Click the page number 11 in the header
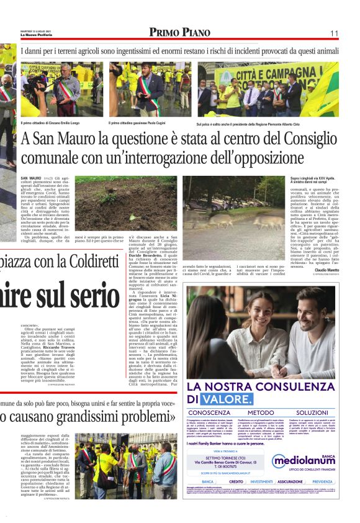click(x=335, y=33)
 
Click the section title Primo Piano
click(x=179, y=32)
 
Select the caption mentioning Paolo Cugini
click(x=138, y=123)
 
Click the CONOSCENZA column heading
click(x=215, y=412)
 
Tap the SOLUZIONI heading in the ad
click(x=312, y=412)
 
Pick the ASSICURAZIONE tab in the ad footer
click(x=290, y=481)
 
